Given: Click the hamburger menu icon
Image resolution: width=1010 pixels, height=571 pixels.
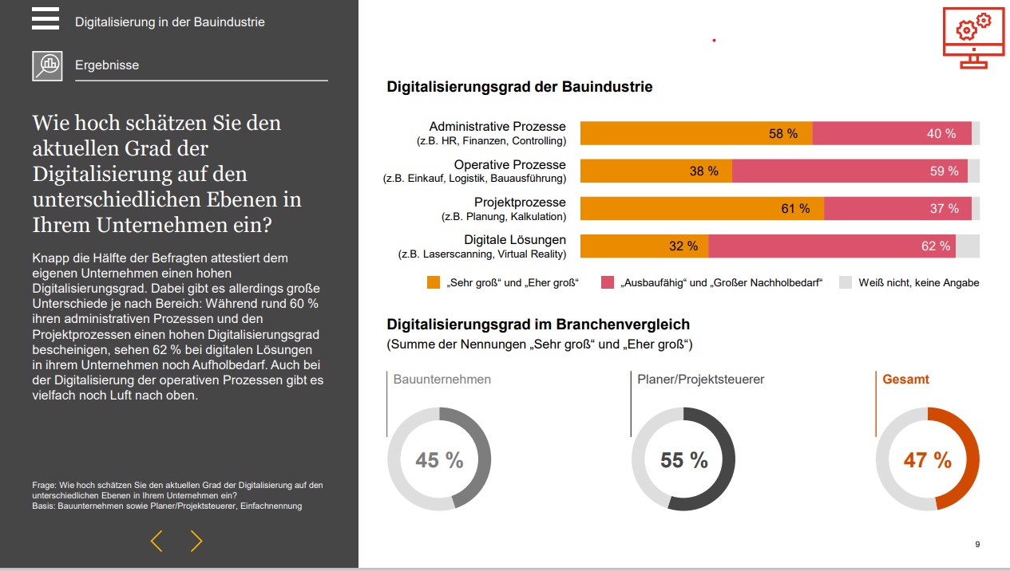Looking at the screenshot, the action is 45,18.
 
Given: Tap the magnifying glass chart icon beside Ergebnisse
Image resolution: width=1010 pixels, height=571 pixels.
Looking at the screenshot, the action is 47,65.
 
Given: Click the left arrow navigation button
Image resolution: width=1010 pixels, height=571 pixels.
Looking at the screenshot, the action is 156,541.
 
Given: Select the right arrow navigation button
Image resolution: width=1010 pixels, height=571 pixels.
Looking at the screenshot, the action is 196,541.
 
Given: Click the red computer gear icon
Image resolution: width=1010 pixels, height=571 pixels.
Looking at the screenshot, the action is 973,38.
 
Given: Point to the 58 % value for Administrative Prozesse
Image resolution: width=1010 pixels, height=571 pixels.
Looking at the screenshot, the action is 783,134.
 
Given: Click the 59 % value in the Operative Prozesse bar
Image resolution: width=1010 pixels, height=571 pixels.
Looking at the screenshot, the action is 945,171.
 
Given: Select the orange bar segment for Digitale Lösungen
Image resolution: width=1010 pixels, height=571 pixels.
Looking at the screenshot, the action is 644,246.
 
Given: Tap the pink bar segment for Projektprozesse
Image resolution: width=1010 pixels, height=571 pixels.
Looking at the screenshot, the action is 897,208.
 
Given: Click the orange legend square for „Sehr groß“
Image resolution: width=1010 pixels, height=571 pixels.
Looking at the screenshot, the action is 434,282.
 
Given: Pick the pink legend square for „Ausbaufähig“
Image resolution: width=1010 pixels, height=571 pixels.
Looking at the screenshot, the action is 608,282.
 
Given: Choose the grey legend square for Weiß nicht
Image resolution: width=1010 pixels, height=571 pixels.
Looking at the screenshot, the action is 846,282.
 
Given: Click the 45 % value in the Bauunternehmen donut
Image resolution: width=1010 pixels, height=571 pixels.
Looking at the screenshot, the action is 439,460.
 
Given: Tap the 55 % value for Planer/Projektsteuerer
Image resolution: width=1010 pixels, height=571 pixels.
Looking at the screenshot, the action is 684,460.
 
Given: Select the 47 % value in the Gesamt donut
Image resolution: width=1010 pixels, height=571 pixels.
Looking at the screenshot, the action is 928,460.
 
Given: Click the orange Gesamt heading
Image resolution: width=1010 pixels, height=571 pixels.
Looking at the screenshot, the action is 905,379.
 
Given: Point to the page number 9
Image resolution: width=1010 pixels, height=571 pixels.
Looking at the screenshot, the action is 977,545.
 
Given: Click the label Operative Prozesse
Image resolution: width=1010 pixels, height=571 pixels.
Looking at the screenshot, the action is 509,165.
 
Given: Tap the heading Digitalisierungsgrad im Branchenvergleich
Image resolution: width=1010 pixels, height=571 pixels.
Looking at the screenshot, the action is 538,325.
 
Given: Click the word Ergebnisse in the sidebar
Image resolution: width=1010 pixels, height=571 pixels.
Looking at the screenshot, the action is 107,65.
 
